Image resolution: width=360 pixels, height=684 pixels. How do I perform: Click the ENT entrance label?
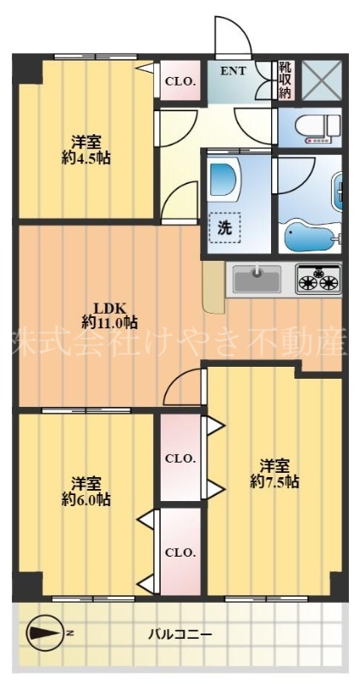pyautogui.click(x=233, y=71)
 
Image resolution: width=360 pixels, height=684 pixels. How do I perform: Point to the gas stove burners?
pyautogui.click(x=318, y=280)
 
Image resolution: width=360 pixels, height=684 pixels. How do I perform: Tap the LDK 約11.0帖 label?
pyautogui.click(x=109, y=315)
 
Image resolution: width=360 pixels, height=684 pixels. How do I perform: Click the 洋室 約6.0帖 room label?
pyautogui.click(x=86, y=491)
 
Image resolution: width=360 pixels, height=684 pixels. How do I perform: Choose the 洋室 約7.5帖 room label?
pyautogui.click(x=274, y=474)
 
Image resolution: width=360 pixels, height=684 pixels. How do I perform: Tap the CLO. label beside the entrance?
pyautogui.click(x=180, y=82)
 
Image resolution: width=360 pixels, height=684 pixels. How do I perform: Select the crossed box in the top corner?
pyautogui.click(x=323, y=80)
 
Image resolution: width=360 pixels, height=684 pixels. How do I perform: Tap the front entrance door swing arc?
pyautogui.click(x=233, y=36)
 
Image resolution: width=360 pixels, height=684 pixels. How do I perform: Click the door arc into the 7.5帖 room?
pyautogui.click(x=182, y=389)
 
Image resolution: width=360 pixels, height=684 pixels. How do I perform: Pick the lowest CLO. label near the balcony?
pyautogui.click(x=180, y=551)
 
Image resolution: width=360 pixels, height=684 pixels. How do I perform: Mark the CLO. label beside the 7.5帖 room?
pyautogui.click(x=180, y=458)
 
